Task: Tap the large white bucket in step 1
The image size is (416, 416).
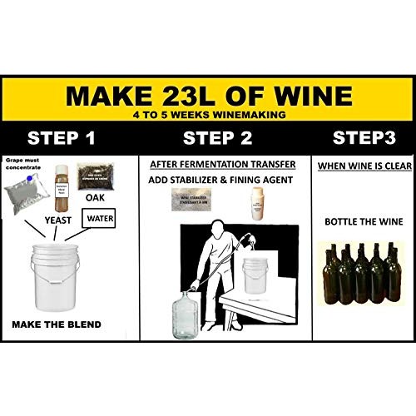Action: pyautogui.click(x=57, y=280)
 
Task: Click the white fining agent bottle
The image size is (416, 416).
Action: pyautogui.click(x=258, y=203)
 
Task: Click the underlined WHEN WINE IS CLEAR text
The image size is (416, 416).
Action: pyautogui.click(x=361, y=166)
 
